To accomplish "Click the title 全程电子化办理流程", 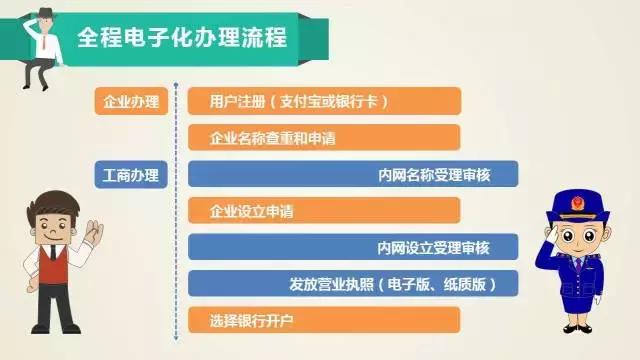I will (x=181, y=40).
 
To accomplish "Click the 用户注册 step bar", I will (x=324, y=101).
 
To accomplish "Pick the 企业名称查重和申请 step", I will (x=324, y=138).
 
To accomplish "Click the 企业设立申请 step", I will (x=324, y=211).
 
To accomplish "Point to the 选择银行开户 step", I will (x=324, y=320).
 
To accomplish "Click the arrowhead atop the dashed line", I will (x=175, y=87).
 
